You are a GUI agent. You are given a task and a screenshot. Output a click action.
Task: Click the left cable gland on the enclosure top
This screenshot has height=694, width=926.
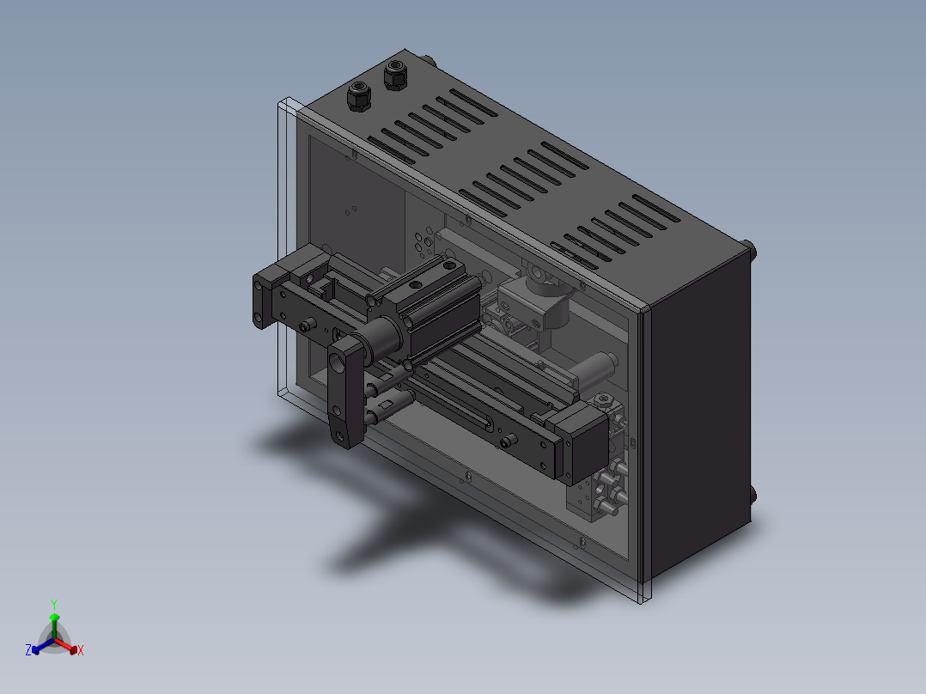click(x=358, y=95)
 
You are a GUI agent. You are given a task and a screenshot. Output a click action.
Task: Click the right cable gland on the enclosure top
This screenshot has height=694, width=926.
click(x=396, y=75)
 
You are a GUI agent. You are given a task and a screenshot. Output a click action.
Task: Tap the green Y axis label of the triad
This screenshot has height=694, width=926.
click(x=53, y=604)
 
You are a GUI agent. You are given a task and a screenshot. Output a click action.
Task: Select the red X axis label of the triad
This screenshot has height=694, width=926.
click(x=80, y=651)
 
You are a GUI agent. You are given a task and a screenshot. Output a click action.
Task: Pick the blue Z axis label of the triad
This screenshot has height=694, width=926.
click(x=28, y=650)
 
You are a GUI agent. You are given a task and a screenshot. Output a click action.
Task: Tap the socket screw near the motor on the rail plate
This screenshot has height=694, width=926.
click(x=508, y=441)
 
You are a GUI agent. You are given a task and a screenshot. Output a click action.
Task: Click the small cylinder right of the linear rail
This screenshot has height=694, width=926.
click(x=595, y=370)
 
